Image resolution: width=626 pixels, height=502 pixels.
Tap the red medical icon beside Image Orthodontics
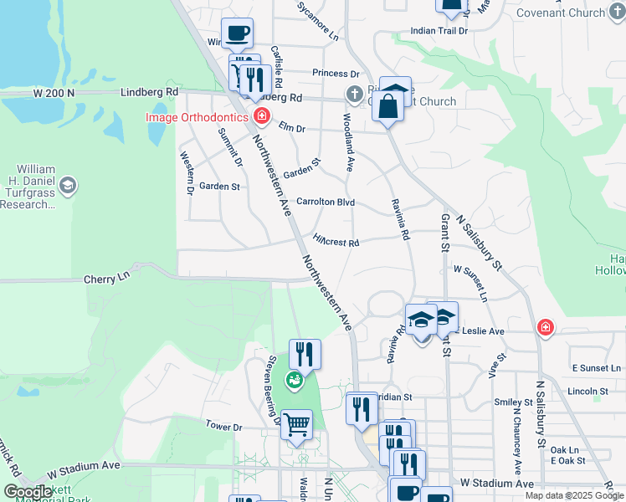coord(261,115)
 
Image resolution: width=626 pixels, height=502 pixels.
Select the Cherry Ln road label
coord(107,277)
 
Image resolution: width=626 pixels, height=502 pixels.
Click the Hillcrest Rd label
coord(336,242)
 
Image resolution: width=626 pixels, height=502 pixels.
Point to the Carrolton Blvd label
coord(326,202)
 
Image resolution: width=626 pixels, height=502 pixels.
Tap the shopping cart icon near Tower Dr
coord(296,425)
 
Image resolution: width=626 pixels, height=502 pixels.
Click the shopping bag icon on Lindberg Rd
coord(387,106)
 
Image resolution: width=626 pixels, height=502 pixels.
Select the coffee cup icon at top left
coord(238,33)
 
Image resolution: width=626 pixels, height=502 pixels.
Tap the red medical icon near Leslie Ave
coord(545,326)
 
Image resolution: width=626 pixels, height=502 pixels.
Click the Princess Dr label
coord(336,74)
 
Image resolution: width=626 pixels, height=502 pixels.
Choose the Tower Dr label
coord(223,427)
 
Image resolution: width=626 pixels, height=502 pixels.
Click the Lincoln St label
coord(588,391)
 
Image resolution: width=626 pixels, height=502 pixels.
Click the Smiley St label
coord(514,402)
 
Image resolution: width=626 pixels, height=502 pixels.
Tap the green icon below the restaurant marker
coord(294,382)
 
